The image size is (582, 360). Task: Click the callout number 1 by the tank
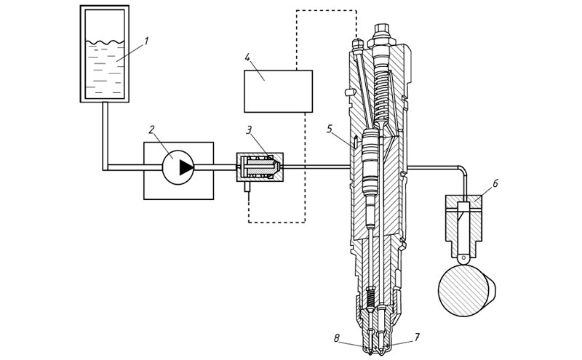146,41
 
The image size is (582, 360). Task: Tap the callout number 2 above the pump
151,129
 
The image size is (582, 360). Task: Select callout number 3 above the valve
249,130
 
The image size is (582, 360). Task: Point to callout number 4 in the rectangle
247,58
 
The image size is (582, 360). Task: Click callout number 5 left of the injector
330,129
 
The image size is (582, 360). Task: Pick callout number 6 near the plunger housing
495,183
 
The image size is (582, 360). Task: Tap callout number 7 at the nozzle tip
417,337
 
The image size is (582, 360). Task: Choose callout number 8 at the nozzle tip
337,337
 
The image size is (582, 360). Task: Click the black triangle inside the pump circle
186,167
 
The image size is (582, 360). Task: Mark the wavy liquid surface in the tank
105,42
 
